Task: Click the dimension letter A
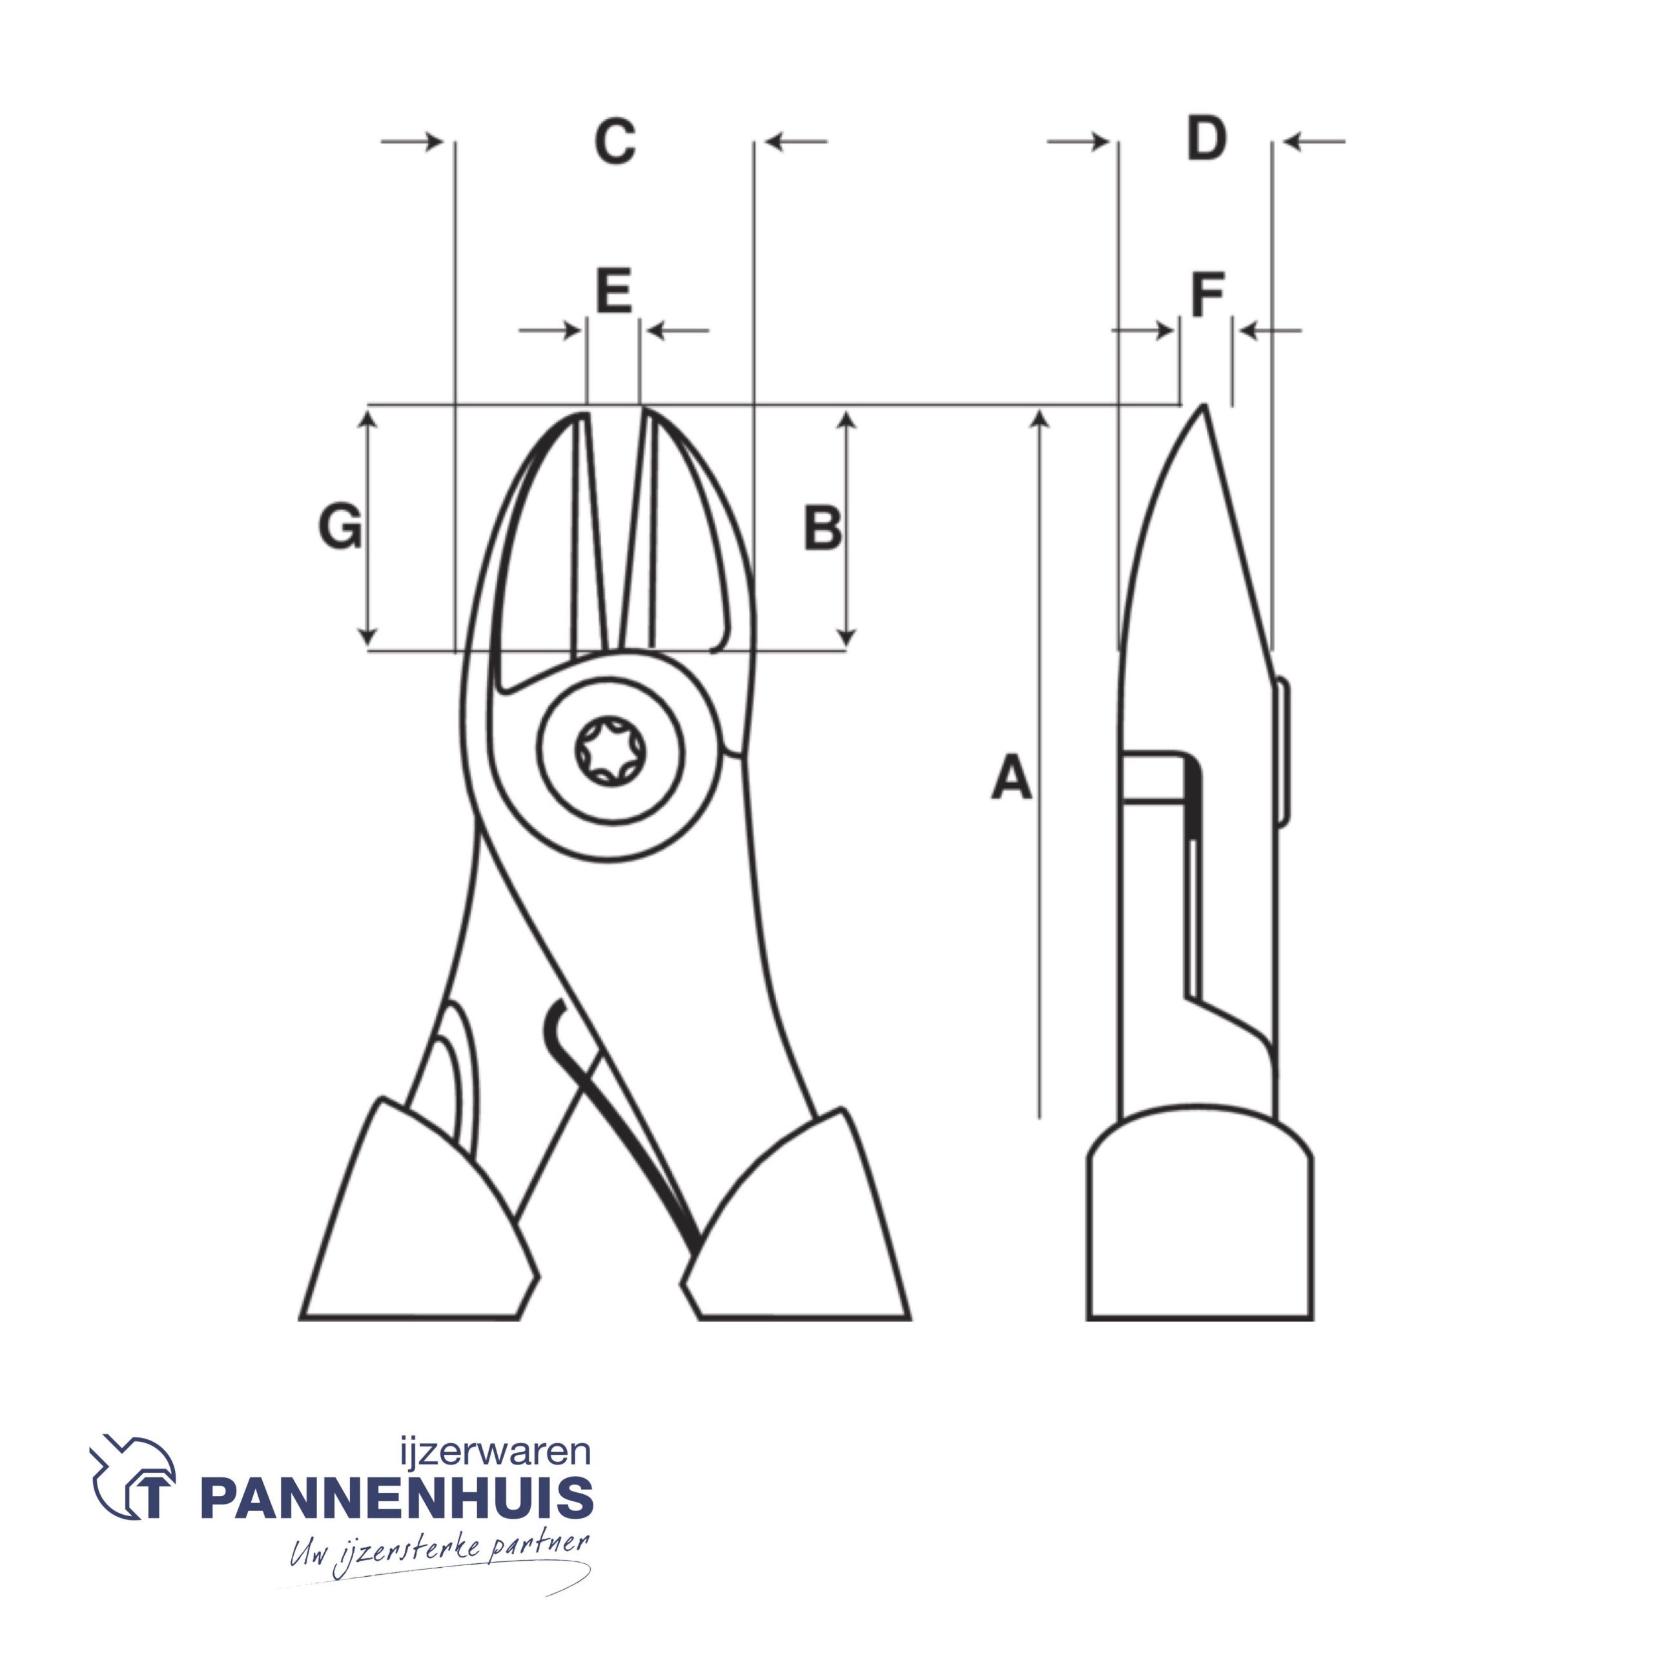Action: (x=1011, y=776)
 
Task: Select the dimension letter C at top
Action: (x=615, y=141)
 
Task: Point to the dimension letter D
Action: (x=1206, y=139)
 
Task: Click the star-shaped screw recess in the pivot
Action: (x=610, y=751)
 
